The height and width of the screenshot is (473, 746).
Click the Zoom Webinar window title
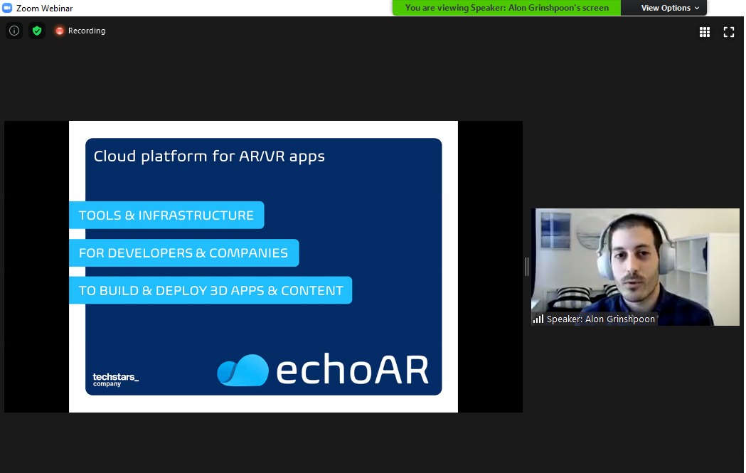(44, 8)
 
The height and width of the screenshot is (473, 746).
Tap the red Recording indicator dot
(60, 31)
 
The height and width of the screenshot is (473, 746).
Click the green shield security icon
(37, 31)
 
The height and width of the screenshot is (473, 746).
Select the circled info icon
(14, 31)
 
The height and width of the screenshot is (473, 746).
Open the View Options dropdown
(670, 8)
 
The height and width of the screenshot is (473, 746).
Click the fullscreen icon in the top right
(729, 31)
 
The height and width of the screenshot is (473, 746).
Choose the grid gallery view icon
(705, 31)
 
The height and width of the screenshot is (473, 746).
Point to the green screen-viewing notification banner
(506, 8)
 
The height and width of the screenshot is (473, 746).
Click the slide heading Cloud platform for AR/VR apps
(209, 156)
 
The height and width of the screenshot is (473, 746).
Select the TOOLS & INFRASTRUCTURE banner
(166, 215)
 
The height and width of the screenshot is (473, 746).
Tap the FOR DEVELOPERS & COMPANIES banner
(183, 253)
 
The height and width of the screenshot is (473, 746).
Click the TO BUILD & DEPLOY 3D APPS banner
(211, 290)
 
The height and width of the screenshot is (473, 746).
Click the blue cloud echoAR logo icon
(243, 370)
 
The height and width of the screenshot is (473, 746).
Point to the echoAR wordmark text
(352, 370)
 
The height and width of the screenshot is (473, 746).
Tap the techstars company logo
(115, 378)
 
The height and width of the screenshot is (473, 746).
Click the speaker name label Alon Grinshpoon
(600, 319)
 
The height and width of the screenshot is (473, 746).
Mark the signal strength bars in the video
(538, 319)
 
